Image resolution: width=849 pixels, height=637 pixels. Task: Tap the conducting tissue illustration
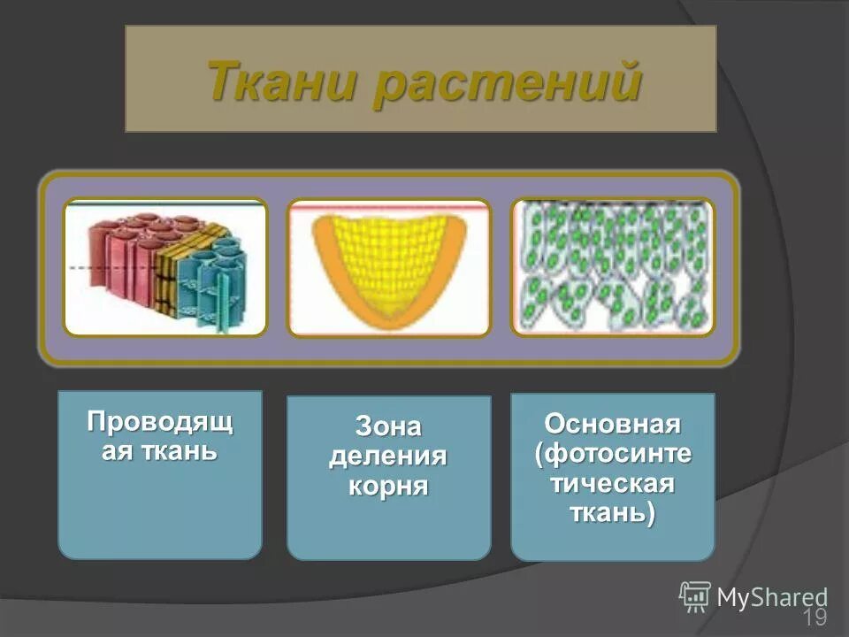[x=165, y=267]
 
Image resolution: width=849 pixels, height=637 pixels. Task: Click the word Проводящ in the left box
[x=160, y=422]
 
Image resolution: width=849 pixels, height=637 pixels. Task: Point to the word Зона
[x=388, y=427]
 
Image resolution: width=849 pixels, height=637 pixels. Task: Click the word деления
[x=388, y=457]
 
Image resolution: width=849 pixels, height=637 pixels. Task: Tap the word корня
[x=388, y=486]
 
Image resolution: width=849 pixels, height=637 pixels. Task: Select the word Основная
[x=612, y=424]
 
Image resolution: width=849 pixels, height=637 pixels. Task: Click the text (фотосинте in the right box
[x=612, y=454]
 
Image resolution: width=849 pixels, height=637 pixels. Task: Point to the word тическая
[x=612, y=483]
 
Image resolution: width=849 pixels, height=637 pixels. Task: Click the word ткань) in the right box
[x=612, y=513]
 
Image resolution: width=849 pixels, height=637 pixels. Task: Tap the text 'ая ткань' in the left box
[x=160, y=451]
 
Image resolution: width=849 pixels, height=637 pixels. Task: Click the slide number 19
[x=815, y=617]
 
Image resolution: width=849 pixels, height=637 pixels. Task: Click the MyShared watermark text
[x=772, y=597]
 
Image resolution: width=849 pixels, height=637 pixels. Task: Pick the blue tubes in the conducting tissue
[x=212, y=279]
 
